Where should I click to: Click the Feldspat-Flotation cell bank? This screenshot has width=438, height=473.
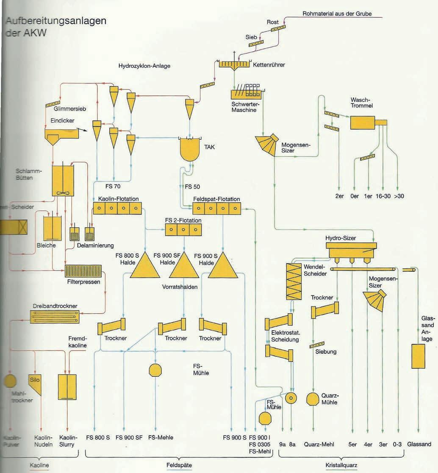(216, 208)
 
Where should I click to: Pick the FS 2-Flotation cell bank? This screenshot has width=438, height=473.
(183, 229)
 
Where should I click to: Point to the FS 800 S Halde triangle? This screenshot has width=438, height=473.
(145, 266)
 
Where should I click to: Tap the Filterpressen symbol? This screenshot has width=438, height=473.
(83, 271)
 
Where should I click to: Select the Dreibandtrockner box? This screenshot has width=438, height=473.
(55, 316)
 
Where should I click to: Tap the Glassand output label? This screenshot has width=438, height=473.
(419, 444)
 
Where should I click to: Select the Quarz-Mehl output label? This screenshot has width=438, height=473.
(319, 444)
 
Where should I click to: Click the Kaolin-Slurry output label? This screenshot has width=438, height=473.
(67, 441)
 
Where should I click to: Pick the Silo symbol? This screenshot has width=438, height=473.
(34, 383)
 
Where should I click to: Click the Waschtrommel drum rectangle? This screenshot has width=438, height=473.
(363, 122)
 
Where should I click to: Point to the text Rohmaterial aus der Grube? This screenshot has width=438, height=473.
(337, 14)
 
